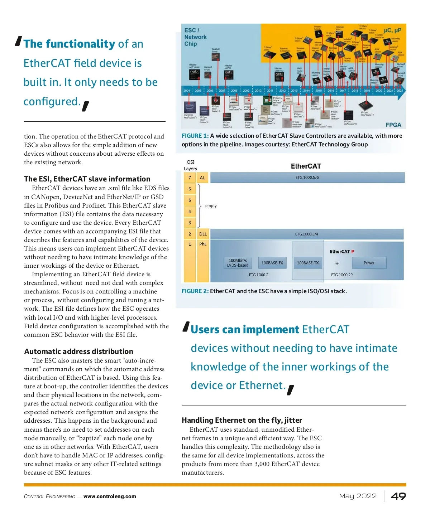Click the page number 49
[x=398, y=496]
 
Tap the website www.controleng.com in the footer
[x=110, y=496]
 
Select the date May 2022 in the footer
[x=358, y=496]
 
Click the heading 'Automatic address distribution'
[x=78, y=351]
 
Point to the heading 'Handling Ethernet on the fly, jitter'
[x=242, y=420]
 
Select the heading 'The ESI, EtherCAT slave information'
[x=87, y=179]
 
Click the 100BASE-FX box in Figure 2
[x=272, y=263]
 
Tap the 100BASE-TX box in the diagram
[x=307, y=263]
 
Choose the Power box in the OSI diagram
[x=369, y=263]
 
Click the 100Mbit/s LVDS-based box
[x=238, y=263]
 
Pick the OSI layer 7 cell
[x=190, y=178]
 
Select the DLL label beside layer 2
[x=203, y=234]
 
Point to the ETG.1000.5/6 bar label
[x=307, y=178]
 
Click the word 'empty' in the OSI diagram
[x=211, y=206]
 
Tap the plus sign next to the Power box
[x=337, y=263]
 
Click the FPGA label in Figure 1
[x=393, y=125]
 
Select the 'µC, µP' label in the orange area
[x=392, y=30]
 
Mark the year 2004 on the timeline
[x=187, y=91]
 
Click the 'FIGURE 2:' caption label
[x=195, y=291]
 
